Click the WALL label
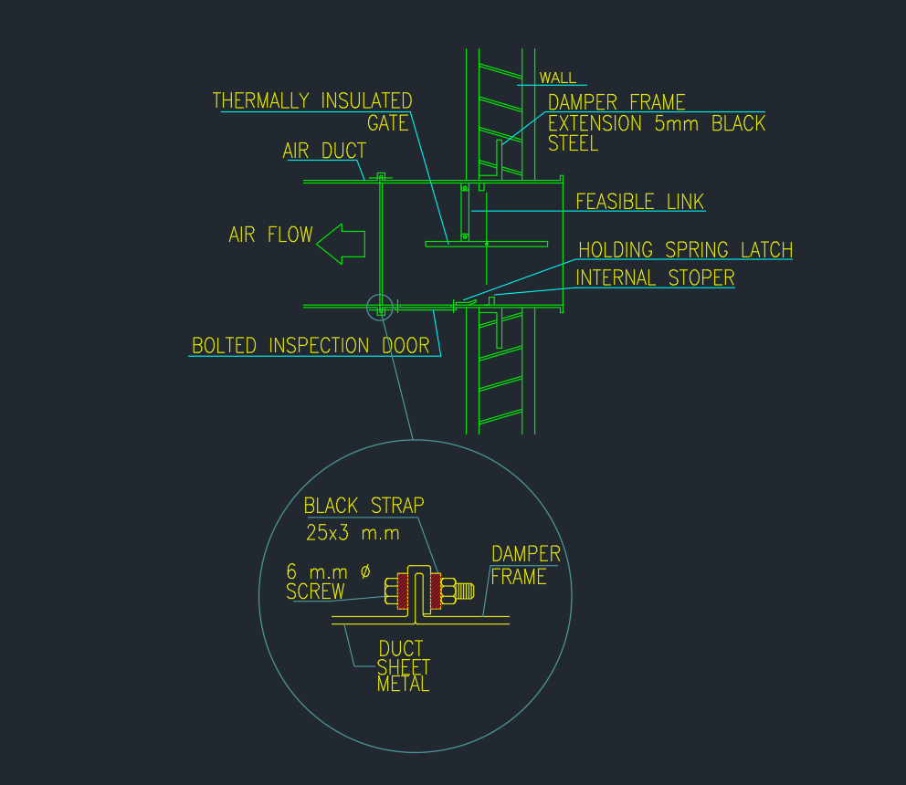[557, 78]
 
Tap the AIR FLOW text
[269, 235]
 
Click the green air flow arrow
[340, 243]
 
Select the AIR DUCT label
[323, 152]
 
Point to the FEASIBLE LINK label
[639, 202]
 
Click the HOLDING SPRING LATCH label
[685, 250]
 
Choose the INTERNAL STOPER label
[655, 278]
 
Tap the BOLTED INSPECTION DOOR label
[311, 346]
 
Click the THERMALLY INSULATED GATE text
[312, 111]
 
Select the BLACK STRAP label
[363, 506]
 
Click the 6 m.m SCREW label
[327, 581]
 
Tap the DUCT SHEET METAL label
[403, 666]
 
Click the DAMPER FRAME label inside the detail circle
[525, 565]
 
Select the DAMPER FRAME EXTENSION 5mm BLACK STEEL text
[656, 123]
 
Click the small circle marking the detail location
[379, 308]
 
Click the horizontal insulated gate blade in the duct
[487, 244]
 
